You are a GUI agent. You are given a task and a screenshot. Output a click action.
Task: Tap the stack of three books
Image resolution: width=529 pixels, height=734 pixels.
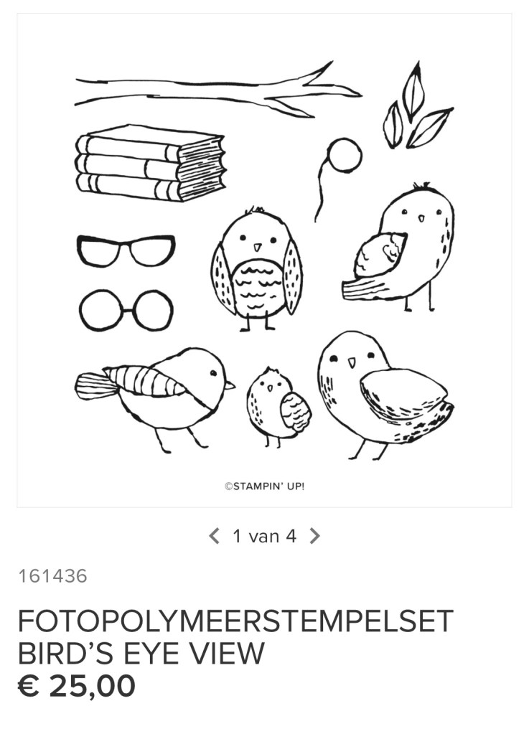[150, 163]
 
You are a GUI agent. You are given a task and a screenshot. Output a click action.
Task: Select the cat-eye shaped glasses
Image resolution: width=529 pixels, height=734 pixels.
[126, 250]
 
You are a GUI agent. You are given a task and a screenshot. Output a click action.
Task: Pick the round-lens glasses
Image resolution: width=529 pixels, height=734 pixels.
[126, 311]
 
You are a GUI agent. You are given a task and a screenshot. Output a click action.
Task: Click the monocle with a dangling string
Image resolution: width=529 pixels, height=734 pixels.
[345, 156]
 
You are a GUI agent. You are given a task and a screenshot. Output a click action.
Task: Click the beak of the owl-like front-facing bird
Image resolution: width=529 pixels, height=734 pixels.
[257, 246]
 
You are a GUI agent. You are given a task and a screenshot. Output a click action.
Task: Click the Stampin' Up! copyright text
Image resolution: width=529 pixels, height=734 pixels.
[264, 486]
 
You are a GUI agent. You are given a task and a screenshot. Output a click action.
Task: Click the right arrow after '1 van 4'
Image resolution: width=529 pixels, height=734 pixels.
[315, 536]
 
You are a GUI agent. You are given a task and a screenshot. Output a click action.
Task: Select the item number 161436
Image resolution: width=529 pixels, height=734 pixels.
[52, 576]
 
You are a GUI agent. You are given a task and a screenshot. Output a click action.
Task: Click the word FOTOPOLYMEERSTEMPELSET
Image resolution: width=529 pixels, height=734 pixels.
[235, 621]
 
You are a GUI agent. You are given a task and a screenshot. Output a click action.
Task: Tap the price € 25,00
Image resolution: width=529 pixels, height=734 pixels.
[77, 686]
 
